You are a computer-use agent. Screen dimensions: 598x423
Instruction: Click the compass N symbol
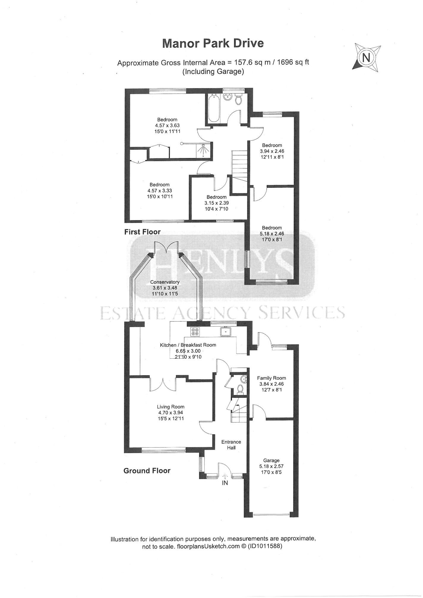(x=366, y=58)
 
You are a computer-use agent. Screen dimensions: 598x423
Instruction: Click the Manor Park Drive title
(x=213, y=43)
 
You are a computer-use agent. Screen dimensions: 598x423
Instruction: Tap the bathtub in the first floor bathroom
(x=214, y=108)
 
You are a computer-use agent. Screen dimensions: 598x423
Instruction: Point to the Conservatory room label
(x=165, y=282)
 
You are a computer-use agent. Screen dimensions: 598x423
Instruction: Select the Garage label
(x=271, y=460)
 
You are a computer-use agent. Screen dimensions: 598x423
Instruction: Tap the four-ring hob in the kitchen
(x=195, y=331)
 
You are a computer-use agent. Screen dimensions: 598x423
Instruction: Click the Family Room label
(x=272, y=378)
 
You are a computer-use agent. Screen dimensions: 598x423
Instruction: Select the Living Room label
(x=171, y=407)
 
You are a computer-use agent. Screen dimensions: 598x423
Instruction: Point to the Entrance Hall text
(x=231, y=445)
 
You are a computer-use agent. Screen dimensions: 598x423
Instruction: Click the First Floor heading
(x=142, y=232)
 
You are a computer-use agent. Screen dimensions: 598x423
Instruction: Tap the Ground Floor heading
(x=147, y=470)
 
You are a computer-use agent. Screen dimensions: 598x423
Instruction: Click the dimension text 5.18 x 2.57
(x=271, y=466)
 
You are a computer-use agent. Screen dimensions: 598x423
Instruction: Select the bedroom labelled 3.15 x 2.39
(x=217, y=203)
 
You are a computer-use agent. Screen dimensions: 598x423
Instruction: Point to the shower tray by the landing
(x=204, y=150)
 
